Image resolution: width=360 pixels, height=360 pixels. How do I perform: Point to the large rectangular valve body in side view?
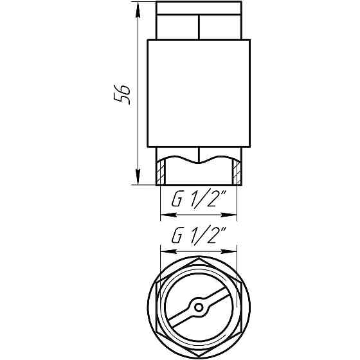[x=199, y=93]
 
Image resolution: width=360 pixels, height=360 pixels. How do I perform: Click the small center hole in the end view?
[x=199, y=307]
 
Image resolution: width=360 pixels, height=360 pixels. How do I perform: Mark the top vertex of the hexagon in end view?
[x=199, y=257]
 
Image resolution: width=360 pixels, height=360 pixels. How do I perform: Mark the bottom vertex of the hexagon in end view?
[x=199, y=357]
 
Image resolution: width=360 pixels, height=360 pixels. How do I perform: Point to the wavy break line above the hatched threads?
[x=199, y=157]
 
